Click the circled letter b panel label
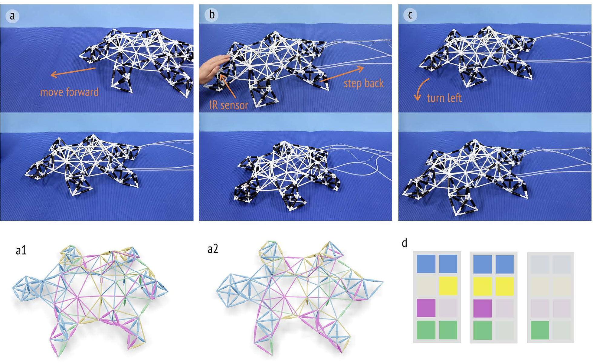coord(212,15)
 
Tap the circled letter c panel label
coord(410,15)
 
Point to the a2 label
coord(213,249)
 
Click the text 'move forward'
coord(69,92)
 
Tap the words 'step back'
coord(363,83)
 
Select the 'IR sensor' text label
coord(228,105)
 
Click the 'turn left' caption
coord(444,98)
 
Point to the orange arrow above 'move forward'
coord(73,72)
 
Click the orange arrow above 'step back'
coord(342,74)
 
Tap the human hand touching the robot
coord(213,68)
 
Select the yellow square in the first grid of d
coord(448,286)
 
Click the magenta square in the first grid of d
coord(426,308)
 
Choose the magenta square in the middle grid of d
coord(482,308)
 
